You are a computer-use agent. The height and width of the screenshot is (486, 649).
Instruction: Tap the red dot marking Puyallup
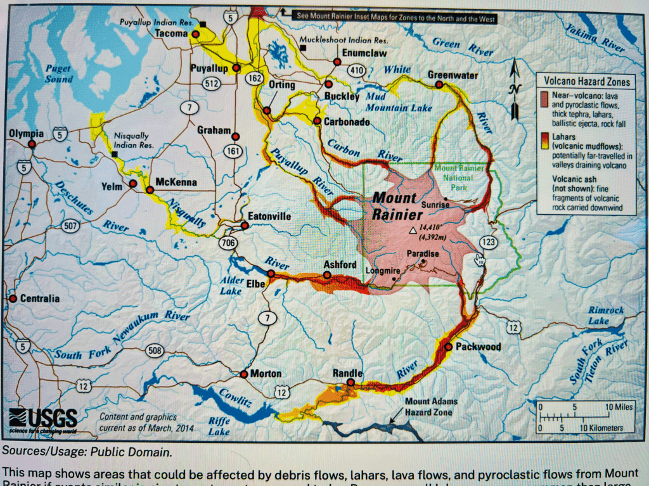[x=236, y=67]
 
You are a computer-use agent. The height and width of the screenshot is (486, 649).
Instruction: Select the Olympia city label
[x=26, y=134]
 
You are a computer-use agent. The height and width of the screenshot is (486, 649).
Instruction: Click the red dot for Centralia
[x=12, y=298]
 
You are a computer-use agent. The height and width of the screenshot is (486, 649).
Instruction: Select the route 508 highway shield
[x=155, y=350]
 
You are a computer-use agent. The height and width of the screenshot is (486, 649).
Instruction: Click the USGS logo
[x=43, y=418]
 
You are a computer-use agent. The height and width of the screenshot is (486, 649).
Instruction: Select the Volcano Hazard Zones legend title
[x=583, y=82]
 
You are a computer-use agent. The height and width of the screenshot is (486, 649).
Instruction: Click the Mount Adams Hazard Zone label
[x=431, y=407]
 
